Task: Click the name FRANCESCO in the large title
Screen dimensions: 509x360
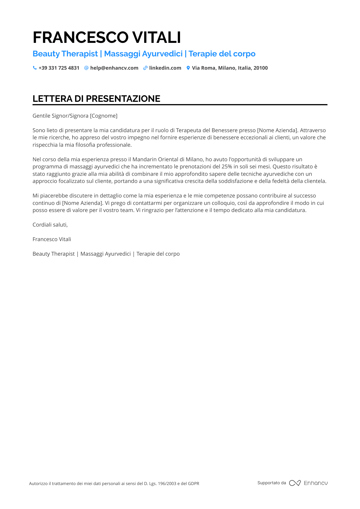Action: (80, 38)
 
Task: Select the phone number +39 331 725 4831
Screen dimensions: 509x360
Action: (59, 68)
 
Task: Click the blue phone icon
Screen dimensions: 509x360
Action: (35, 68)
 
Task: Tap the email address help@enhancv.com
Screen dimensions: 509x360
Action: (114, 68)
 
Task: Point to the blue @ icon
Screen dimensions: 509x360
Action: (86, 68)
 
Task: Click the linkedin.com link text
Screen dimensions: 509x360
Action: (165, 68)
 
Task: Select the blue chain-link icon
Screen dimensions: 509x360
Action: (145, 68)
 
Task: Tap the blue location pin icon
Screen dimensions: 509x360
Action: (188, 68)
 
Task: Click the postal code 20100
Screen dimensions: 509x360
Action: (261, 68)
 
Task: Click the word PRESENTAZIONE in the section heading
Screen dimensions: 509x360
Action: (123, 99)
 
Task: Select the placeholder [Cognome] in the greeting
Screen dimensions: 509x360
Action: (104, 116)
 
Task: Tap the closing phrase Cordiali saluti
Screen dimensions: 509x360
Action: (50, 225)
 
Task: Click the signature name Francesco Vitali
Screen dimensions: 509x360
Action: (52, 239)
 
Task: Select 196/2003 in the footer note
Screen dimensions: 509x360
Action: (167, 483)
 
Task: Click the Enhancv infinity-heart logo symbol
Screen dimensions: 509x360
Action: (295, 483)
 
